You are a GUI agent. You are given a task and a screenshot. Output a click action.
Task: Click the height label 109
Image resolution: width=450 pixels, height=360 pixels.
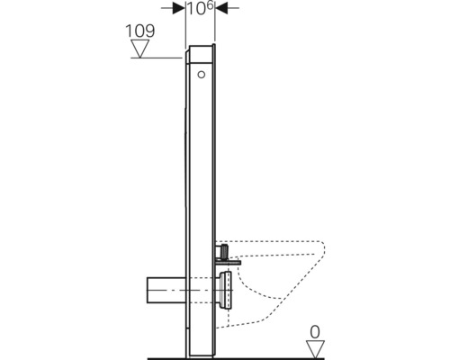click(140, 31)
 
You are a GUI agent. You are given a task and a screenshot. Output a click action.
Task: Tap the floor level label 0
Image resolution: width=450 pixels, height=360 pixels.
click(315, 332)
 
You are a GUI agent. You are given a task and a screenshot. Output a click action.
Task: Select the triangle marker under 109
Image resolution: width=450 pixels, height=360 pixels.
click(140, 49)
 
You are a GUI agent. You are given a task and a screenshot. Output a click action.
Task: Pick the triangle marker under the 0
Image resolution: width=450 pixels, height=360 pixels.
click(315, 349)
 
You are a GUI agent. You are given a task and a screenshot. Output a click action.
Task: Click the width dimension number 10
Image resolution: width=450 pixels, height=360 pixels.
click(196, 9)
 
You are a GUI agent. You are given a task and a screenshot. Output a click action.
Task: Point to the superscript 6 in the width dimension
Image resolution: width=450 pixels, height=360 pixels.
click(210, 5)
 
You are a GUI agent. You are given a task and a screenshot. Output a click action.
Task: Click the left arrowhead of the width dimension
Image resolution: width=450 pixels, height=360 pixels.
click(179, 8)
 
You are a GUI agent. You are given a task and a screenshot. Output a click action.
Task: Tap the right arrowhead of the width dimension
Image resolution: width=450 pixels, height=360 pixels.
click(221, 8)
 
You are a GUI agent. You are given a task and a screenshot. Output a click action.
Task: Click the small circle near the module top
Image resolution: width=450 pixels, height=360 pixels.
click(202, 75)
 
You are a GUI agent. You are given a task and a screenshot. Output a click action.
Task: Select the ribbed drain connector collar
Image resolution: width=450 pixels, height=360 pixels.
click(226, 290)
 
